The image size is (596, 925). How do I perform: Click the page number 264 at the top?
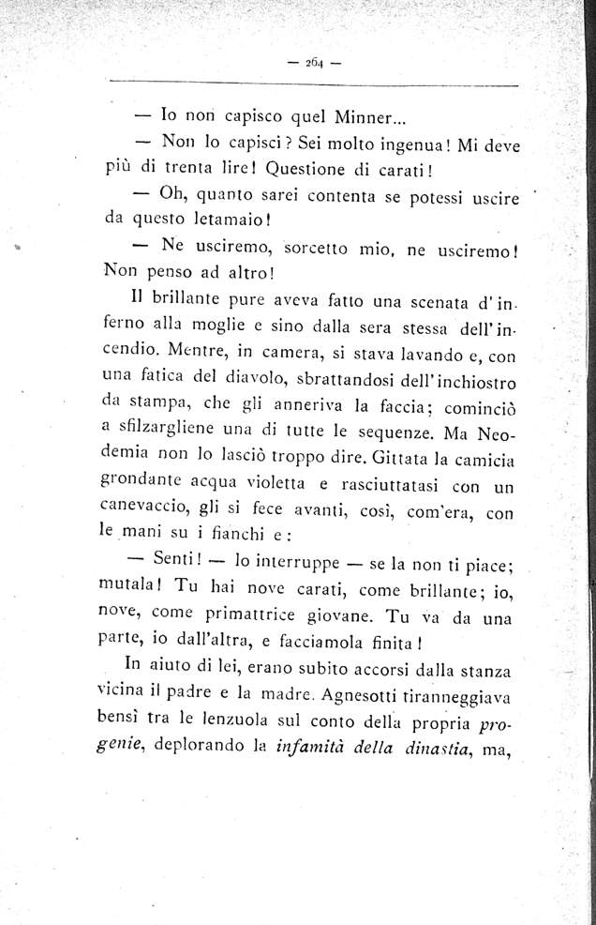click(313, 64)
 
